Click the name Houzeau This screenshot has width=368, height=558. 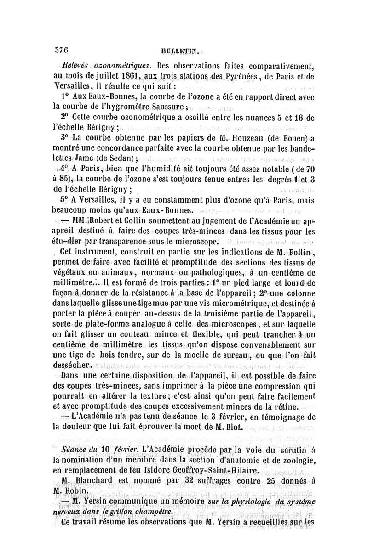(x=236, y=139)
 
